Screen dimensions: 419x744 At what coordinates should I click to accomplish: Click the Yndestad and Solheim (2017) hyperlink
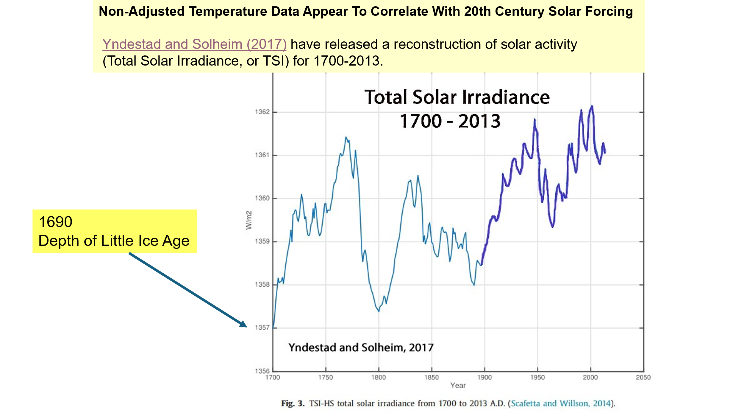point(194,44)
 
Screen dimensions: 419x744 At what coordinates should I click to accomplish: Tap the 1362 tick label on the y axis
point(262,112)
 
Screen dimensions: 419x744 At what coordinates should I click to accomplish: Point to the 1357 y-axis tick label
point(262,328)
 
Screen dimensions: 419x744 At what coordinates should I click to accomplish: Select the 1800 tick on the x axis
point(379,378)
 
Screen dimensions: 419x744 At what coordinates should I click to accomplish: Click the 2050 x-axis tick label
point(643,378)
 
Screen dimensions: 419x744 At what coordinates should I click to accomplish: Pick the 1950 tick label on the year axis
point(537,378)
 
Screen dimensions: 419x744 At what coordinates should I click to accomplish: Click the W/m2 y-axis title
point(249,220)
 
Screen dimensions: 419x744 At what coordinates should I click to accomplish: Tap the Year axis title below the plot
point(458,386)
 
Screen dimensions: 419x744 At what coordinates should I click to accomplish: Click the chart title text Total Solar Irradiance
point(457,97)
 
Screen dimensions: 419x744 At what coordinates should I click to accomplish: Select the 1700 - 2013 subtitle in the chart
point(450,121)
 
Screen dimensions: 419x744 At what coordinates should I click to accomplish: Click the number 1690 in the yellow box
point(56,222)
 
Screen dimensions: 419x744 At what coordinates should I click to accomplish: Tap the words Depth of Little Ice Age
point(114,241)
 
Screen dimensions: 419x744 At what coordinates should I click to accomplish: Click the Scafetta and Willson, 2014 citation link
point(561,404)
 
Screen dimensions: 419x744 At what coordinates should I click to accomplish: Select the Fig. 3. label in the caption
point(293,404)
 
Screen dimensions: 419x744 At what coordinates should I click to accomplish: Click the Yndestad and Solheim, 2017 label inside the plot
point(361,347)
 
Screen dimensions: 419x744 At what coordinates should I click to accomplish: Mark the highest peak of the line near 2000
point(592,106)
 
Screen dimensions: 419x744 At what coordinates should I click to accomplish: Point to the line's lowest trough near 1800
point(379,311)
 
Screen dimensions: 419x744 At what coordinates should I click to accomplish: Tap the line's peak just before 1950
point(534,120)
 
